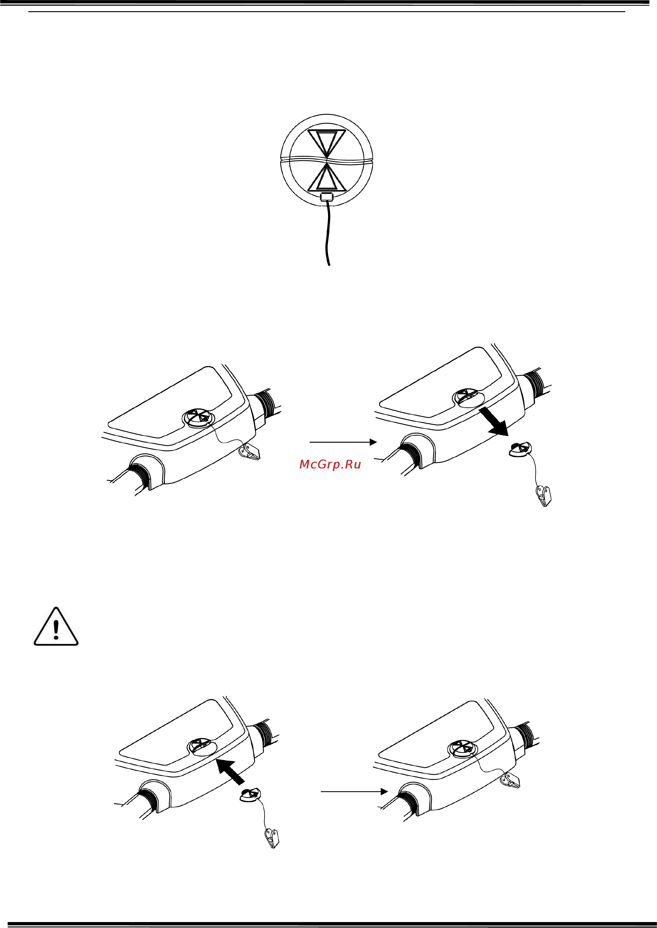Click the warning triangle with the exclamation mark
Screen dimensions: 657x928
[x=56, y=627]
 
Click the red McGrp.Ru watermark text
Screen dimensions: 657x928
[x=330, y=464]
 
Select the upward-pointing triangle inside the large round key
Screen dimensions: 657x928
[x=327, y=177]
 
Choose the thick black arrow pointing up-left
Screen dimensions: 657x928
[x=230, y=772]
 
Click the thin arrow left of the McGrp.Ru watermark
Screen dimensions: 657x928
[x=343, y=442]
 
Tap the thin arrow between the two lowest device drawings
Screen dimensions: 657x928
[x=354, y=791]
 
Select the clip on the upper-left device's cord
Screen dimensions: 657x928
[x=250, y=451]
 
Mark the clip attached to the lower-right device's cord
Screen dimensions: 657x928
[x=511, y=780]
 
